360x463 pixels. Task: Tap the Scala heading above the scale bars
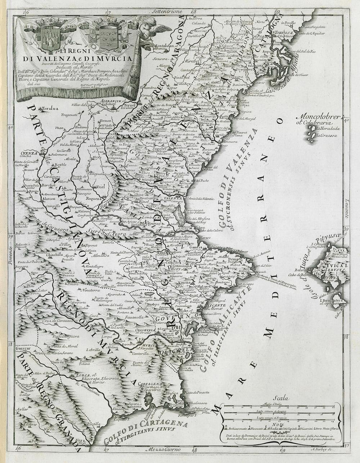(281, 398)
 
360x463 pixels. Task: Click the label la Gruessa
(323, 136)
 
